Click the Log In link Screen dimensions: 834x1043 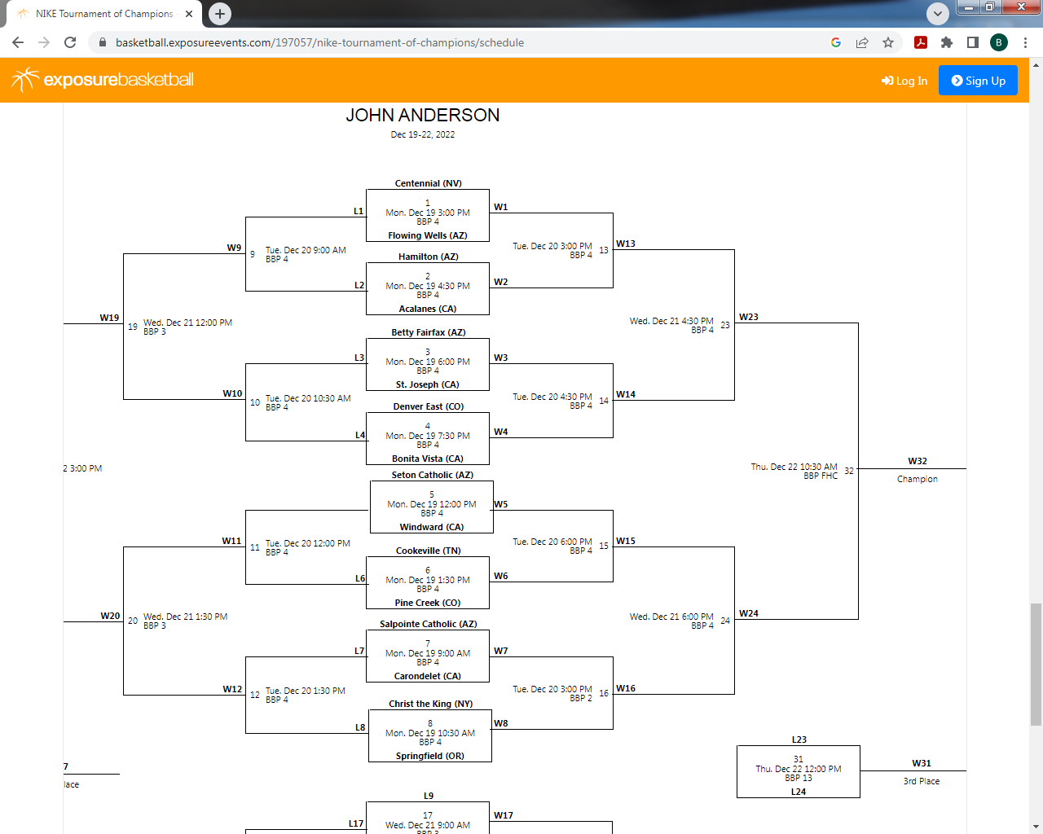pos(904,81)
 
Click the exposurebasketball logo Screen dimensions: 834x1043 pos(103,80)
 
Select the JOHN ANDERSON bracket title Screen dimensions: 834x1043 pos(422,116)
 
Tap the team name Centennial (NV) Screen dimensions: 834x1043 pos(428,183)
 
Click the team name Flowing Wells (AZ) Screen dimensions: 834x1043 pos(428,235)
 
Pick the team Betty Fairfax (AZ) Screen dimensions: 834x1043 pos(428,332)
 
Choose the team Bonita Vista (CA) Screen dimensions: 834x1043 pos(428,459)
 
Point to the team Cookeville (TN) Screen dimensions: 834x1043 pos(428,551)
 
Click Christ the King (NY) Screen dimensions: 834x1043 pos(430,704)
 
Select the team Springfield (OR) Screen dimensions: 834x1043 pos(429,756)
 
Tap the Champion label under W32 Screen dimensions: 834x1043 pos(917,479)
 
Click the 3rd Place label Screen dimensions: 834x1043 pos(921,781)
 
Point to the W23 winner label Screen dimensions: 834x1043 pos(748,317)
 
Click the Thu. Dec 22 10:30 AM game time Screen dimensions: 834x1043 pos(794,467)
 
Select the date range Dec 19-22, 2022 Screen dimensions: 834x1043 pos(422,134)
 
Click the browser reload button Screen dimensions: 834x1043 pos(70,42)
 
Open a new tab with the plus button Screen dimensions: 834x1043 pos(220,14)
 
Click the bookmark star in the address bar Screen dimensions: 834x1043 pos(888,42)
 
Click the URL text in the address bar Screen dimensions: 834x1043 pos(319,42)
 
